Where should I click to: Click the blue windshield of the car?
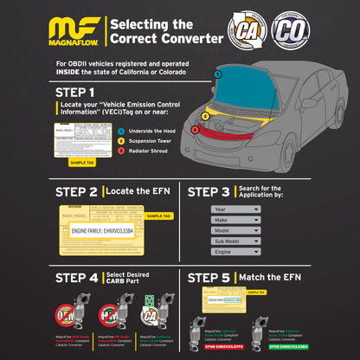235,93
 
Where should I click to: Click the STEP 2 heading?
77,190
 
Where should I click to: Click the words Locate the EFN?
137,190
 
